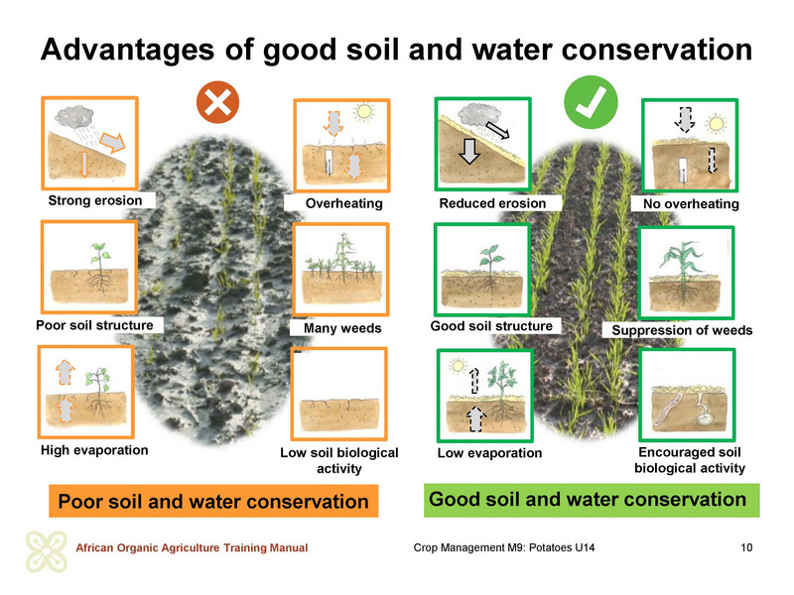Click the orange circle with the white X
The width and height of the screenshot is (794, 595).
point(217,102)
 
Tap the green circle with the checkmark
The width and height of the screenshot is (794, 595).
point(591,102)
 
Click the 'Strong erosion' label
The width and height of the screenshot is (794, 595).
point(95,200)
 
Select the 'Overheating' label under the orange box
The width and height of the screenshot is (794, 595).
point(343,203)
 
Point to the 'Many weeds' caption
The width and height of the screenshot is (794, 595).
point(342,328)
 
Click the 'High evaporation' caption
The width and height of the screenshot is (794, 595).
point(94,450)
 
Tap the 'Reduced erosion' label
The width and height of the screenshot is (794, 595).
point(492,203)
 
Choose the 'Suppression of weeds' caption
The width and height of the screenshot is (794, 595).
point(682,330)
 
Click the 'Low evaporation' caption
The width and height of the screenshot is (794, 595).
point(489,453)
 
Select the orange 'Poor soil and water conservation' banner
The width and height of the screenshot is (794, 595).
point(213,501)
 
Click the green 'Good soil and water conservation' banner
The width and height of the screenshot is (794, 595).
point(592,500)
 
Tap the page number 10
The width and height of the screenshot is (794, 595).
point(746,547)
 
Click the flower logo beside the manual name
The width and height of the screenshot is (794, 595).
point(46,551)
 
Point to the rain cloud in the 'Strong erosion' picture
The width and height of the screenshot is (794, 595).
point(73,117)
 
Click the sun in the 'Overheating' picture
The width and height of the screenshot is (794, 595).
point(363,112)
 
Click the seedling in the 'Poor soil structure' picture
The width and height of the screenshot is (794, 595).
point(101,258)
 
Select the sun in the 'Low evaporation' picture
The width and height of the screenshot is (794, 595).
point(458,365)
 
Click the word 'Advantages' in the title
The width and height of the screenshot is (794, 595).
point(128,51)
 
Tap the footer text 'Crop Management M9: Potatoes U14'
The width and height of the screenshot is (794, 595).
point(504,547)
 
